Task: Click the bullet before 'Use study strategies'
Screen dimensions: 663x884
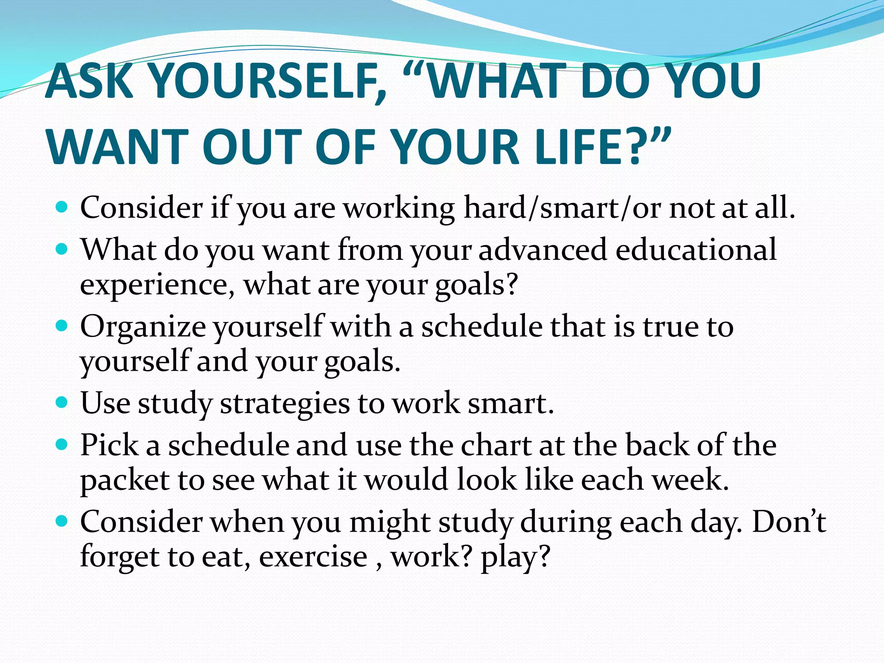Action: pos(63,403)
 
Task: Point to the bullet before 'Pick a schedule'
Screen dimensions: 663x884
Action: pos(63,445)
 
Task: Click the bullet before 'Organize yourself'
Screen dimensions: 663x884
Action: pos(63,326)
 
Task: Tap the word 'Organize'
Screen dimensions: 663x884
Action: pos(143,327)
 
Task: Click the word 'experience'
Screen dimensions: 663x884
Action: pos(158,285)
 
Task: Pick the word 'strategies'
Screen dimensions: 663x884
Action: pos(285,404)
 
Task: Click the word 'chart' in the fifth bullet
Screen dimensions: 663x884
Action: pos(496,445)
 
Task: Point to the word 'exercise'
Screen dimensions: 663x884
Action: pos(313,557)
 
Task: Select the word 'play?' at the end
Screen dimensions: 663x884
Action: pos(516,557)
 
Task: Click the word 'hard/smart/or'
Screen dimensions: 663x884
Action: pos(562,208)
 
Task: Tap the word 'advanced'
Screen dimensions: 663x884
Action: pos(543,250)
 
